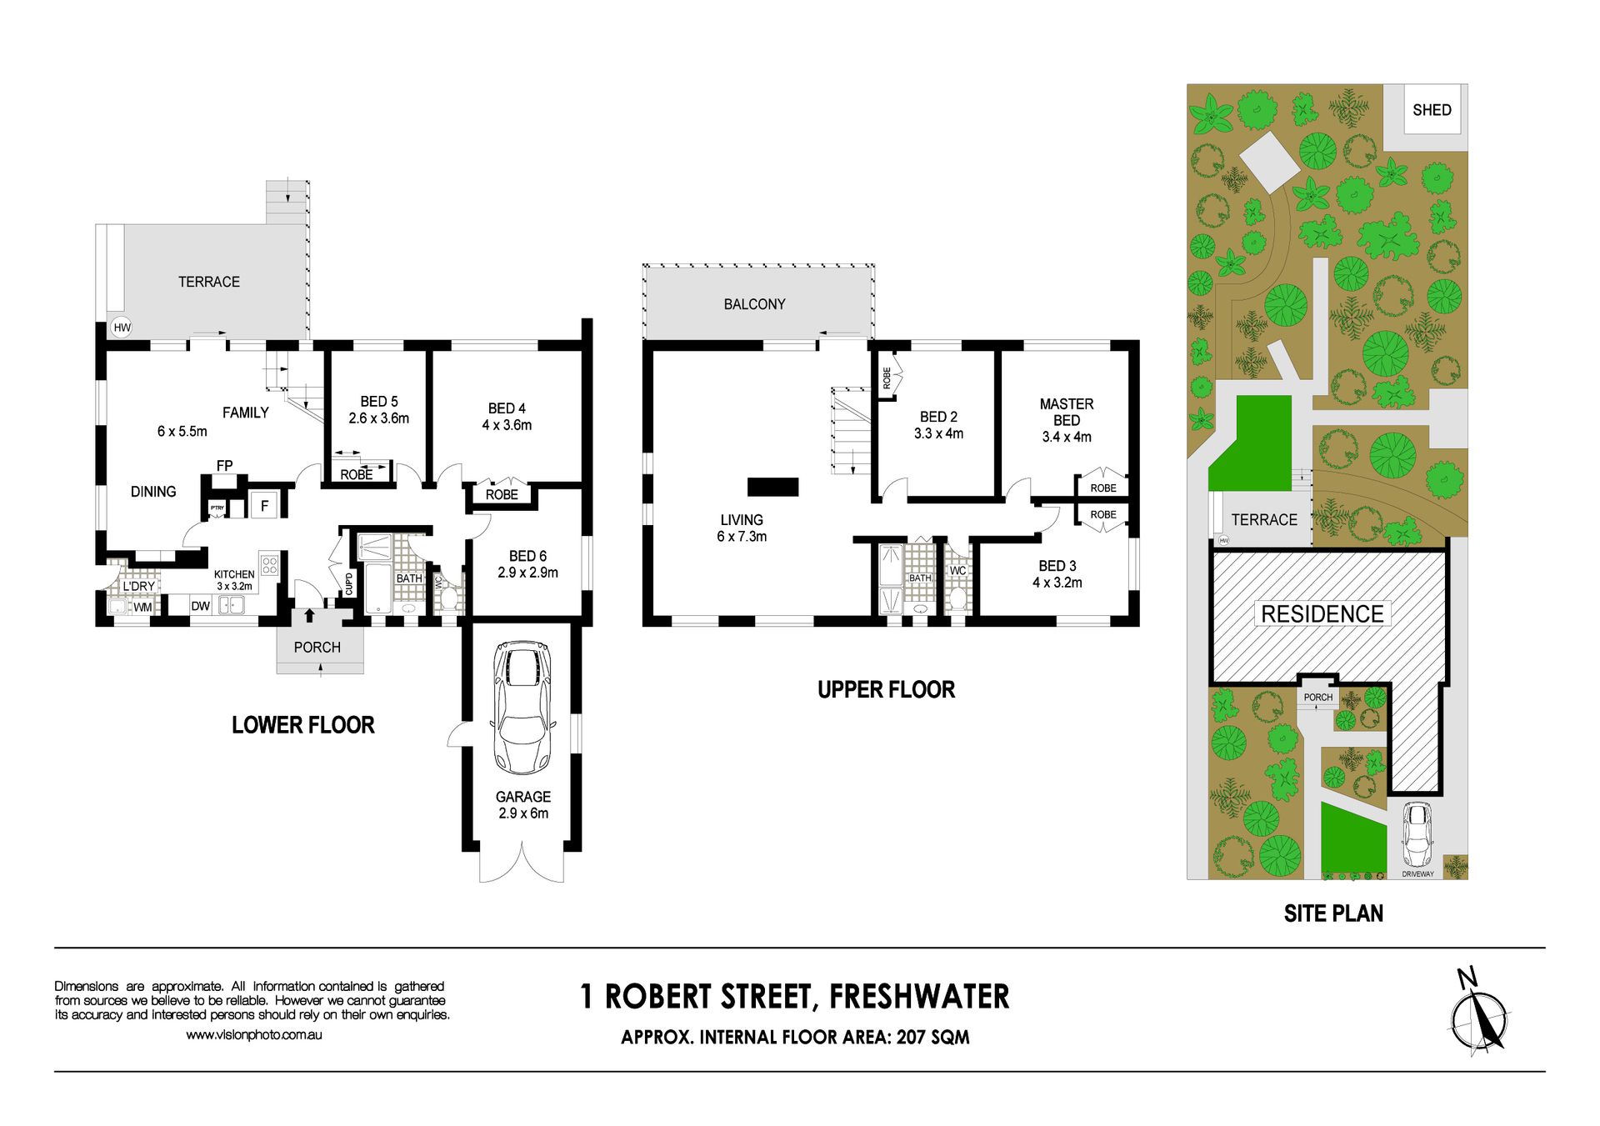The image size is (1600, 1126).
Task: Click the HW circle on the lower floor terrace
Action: pyautogui.click(x=122, y=328)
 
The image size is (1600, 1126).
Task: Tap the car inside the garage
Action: pyautogui.click(x=522, y=708)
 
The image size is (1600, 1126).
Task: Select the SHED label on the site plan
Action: pyautogui.click(x=1432, y=110)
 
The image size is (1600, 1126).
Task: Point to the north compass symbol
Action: pyautogui.click(x=1479, y=1014)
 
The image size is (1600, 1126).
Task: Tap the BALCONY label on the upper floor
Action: pyautogui.click(x=754, y=304)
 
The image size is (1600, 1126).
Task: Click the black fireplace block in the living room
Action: pyautogui.click(x=772, y=487)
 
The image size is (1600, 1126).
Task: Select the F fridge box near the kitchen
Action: pyautogui.click(x=265, y=505)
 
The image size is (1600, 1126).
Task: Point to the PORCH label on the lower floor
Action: pyautogui.click(x=317, y=648)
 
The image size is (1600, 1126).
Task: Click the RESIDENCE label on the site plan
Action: pyautogui.click(x=1322, y=614)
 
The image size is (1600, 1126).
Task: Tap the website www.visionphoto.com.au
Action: pyautogui.click(x=254, y=1035)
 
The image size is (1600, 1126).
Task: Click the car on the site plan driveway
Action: pyautogui.click(x=1417, y=835)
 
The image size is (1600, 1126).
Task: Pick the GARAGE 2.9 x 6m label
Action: pyautogui.click(x=523, y=805)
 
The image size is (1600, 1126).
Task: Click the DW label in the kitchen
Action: pyautogui.click(x=200, y=606)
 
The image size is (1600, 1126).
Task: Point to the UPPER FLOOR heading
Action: pyautogui.click(x=886, y=690)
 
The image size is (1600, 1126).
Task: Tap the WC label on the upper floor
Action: pyautogui.click(x=958, y=571)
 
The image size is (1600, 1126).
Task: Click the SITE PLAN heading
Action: pyautogui.click(x=1333, y=913)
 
